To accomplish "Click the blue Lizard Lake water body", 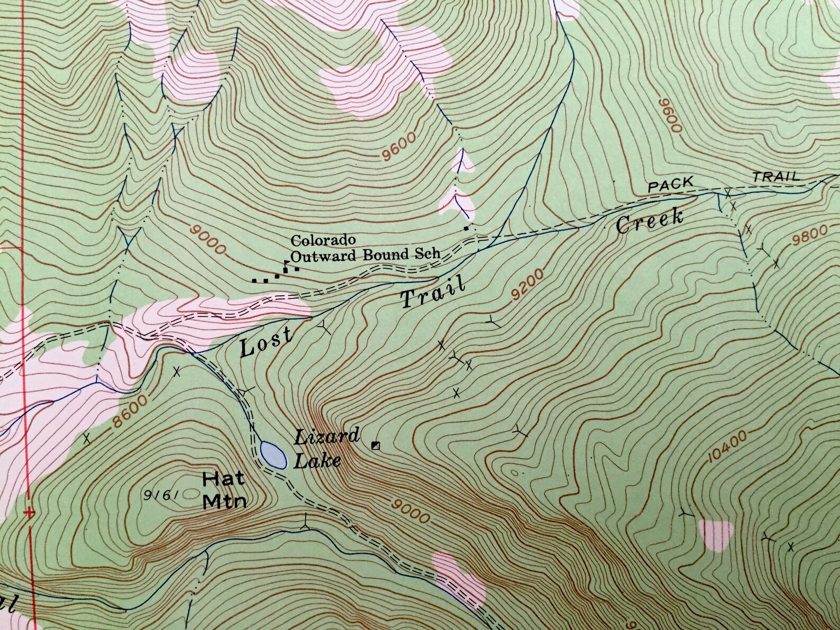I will tap(272, 455).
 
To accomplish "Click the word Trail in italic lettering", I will tap(433, 293).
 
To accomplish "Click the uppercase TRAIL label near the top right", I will tap(776, 177).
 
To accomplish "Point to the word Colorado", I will tap(322, 241).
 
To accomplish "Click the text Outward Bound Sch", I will tap(365, 254).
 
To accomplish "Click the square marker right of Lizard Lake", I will tap(376, 445).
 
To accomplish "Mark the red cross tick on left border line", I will tap(30, 513).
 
